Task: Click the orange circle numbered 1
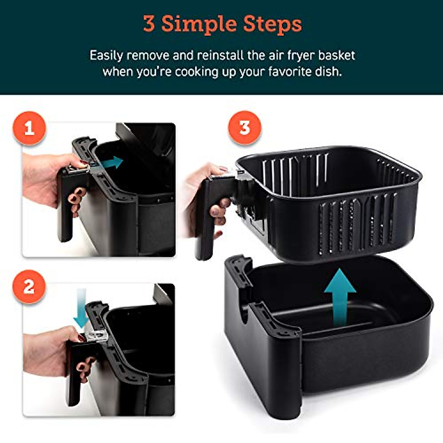pyautogui.click(x=29, y=129)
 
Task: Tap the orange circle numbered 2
pyautogui.click(x=29, y=286)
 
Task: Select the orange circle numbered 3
pyautogui.click(x=244, y=128)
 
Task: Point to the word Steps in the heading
pyautogui.click(x=272, y=24)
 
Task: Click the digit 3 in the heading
pyautogui.click(x=149, y=24)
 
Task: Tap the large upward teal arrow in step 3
pyautogui.click(x=340, y=295)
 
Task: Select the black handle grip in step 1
pyautogui.click(x=65, y=207)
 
